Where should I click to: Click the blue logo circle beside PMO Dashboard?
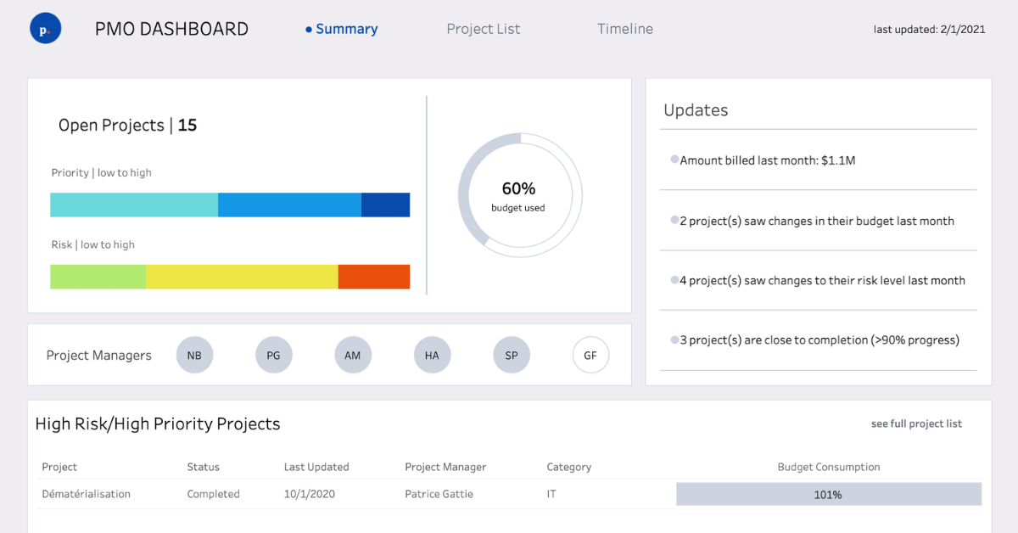[x=45, y=29]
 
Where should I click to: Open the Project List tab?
[x=483, y=29]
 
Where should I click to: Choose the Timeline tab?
[x=624, y=29]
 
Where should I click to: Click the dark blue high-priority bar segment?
[x=385, y=205]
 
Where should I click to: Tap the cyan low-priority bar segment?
[x=134, y=205]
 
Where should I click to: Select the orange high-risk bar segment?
[x=373, y=277]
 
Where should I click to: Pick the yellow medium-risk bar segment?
[x=242, y=277]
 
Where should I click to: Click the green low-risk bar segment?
[x=98, y=277]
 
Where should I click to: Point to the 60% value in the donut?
[x=518, y=189]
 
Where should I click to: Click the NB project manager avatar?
[x=194, y=356]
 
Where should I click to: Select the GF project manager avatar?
[x=590, y=356]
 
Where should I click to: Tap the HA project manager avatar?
[x=432, y=356]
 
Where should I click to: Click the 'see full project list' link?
[x=916, y=424]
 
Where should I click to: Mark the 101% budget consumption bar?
[x=828, y=494]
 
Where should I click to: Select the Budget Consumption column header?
[x=828, y=467]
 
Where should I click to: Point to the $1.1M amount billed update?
[x=767, y=160]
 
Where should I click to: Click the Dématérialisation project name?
[x=86, y=494]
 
